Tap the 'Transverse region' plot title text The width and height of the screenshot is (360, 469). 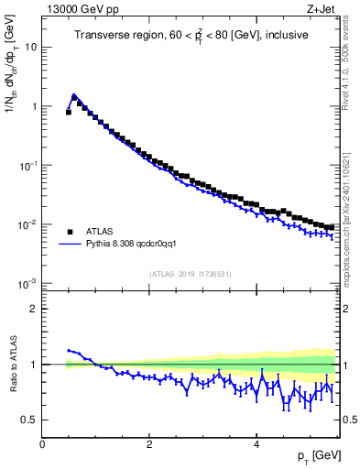[x=191, y=35]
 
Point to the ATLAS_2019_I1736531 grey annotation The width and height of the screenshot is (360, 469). [x=191, y=274]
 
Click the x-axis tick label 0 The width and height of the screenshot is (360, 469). [x=43, y=443]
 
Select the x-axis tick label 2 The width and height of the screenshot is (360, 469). [x=149, y=443]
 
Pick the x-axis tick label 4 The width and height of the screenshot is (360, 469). [x=256, y=443]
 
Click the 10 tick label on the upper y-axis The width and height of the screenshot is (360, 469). [x=31, y=47]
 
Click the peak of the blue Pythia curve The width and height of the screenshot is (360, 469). [x=74, y=94]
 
